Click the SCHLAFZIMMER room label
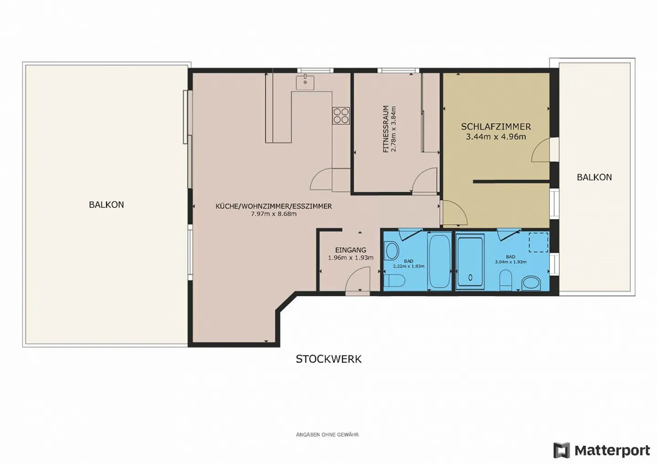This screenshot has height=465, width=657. tap(495, 127)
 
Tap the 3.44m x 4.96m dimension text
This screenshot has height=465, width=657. tap(495, 137)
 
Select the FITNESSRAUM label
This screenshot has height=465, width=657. tap(386, 129)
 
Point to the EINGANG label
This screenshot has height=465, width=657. tap(350, 250)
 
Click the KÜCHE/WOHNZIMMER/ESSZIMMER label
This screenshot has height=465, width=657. tap(274, 206)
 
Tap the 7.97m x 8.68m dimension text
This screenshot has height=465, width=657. tap(274, 214)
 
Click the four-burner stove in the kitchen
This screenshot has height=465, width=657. tap(341, 115)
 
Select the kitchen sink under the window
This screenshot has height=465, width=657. tap(305, 83)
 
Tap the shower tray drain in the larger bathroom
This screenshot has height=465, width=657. tap(470, 277)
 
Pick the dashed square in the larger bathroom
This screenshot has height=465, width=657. tap(538, 242)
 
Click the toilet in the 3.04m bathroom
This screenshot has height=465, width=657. tap(505, 280)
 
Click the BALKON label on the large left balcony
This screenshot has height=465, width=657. tap(106, 204)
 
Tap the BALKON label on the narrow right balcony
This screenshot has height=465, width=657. tap(594, 177)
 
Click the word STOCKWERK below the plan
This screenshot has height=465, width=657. tap(328, 359)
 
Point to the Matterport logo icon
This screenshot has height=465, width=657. tap(561, 450)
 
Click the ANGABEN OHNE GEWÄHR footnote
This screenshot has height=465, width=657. tap(327, 434)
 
